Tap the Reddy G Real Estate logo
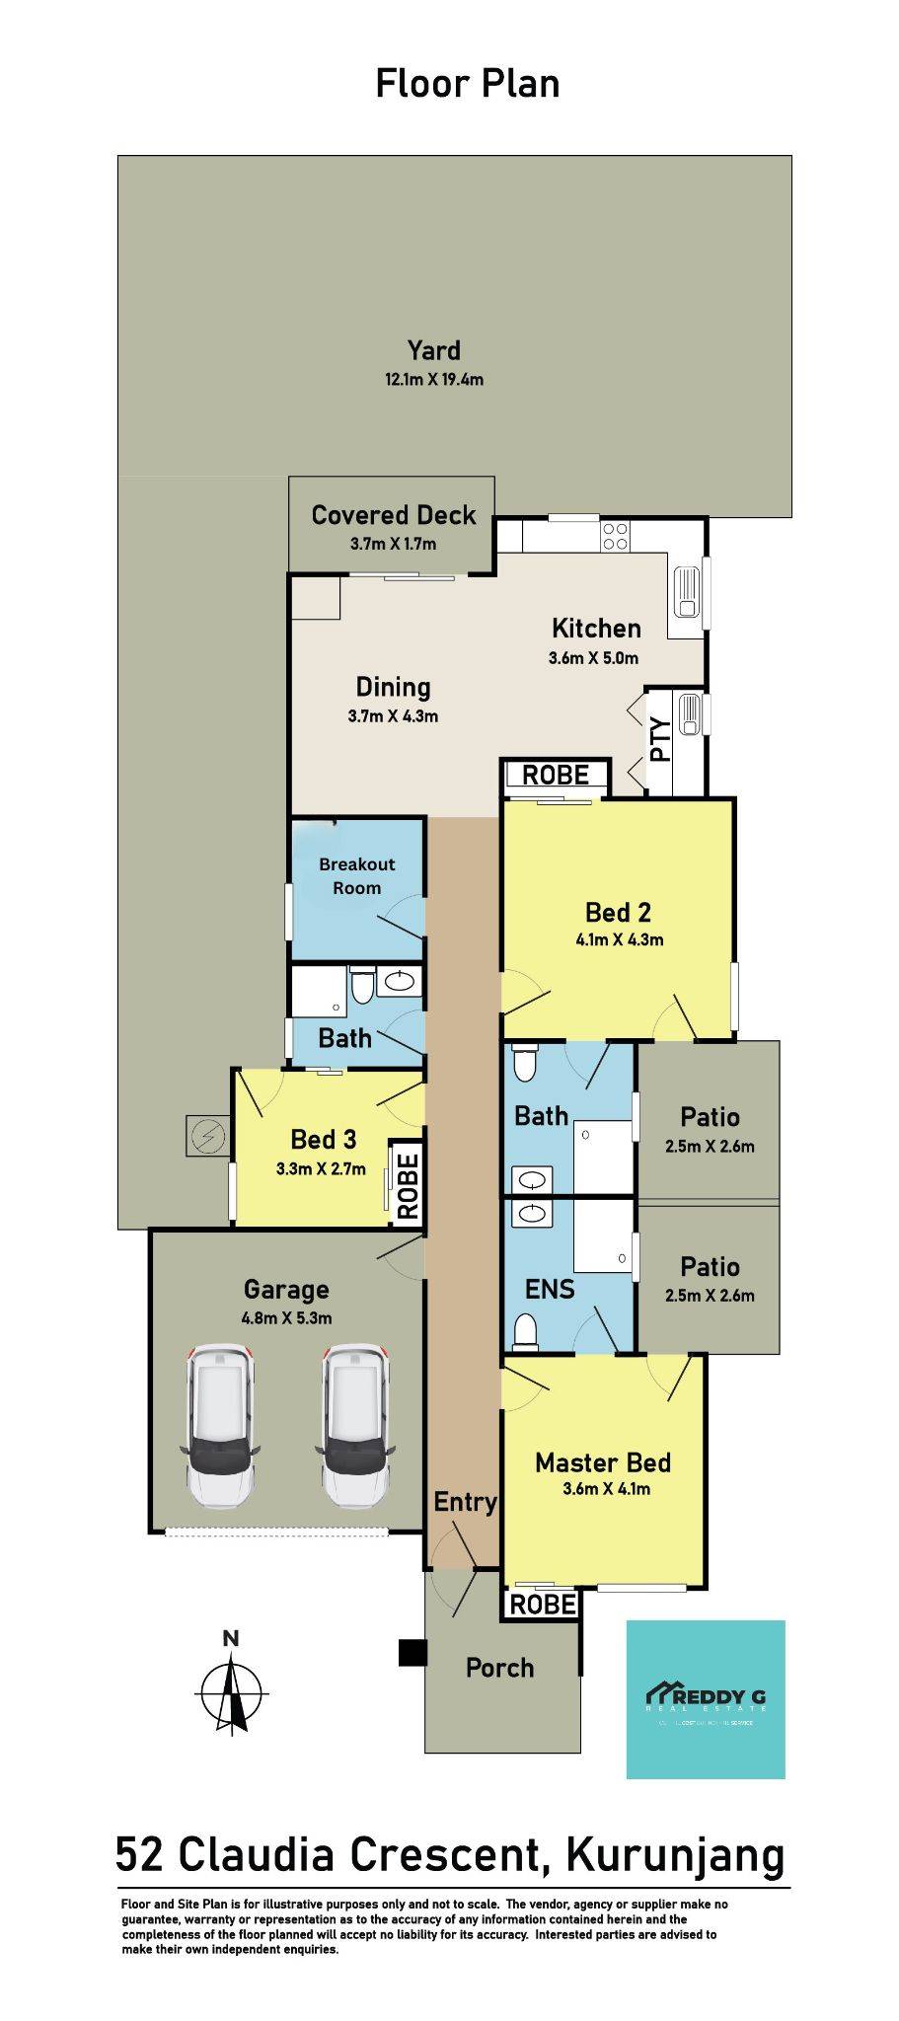[706, 1699]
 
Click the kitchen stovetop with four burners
[615, 536]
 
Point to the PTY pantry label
[660, 739]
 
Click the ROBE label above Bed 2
[555, 775]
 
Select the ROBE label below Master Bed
[542, 1604]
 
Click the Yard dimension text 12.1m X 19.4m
[434, 379]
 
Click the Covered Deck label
[393, 515]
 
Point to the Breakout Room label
[356, 875]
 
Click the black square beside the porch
[412, 1652]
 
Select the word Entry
[465, 1501]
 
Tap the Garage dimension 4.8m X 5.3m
[286, 1317]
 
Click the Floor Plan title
[467, 84]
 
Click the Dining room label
[393, 687]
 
